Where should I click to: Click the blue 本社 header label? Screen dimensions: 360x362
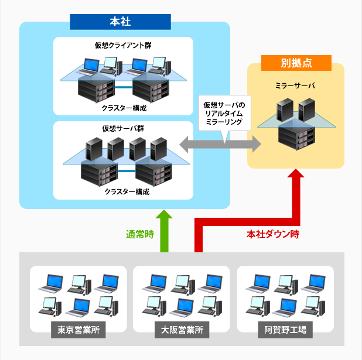[x=120, y=22]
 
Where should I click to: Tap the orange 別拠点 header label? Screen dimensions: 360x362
[x=296, y=63]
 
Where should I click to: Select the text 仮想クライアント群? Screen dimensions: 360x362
[x=124, y=45]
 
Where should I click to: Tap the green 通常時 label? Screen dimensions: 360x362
[x=139, y=235]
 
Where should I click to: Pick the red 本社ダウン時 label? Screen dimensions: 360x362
[x=272, y=235]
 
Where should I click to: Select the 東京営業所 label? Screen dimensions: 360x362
[x=78, y=330]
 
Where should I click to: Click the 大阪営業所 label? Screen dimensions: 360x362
[x=182, y=330]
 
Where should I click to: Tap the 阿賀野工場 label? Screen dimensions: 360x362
[x=285, y=330]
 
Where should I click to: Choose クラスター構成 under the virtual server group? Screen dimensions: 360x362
[x=124, y=191]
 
